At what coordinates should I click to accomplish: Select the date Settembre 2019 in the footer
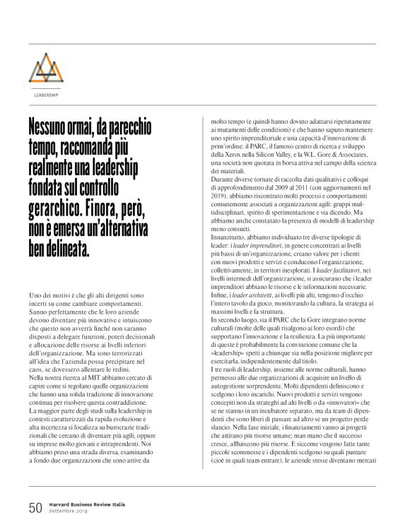[x=71, y=511]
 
